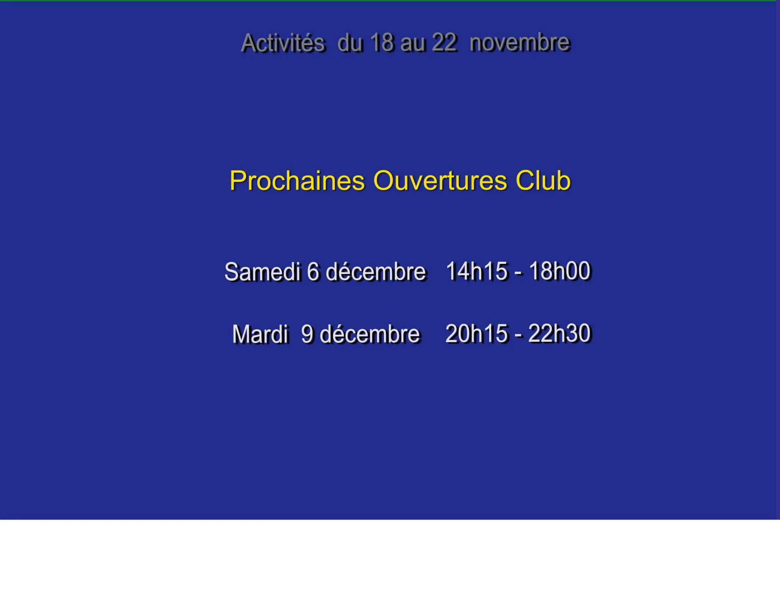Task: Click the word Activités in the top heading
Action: click(283, 43)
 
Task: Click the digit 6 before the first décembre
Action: click(314, 272)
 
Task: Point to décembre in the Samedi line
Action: click(376, 272)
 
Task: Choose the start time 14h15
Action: click(477, 271)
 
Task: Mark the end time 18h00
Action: click(560, 271)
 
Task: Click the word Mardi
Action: click(260, 334)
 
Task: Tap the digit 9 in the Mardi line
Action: click(308, 334)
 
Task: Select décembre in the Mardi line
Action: click(370, 334)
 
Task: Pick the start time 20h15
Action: click(477, 334)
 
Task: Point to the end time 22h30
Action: click(560, 334)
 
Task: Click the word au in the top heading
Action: click(413, 43)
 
